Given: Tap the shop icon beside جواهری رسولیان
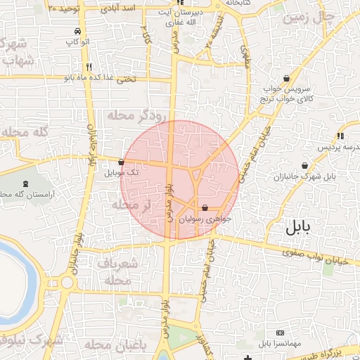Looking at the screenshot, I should tap(205, 208).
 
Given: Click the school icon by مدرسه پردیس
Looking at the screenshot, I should tap(340, 136).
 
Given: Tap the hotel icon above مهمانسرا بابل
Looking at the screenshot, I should tap(280, 333).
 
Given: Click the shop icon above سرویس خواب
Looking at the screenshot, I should tap(286, 78).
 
